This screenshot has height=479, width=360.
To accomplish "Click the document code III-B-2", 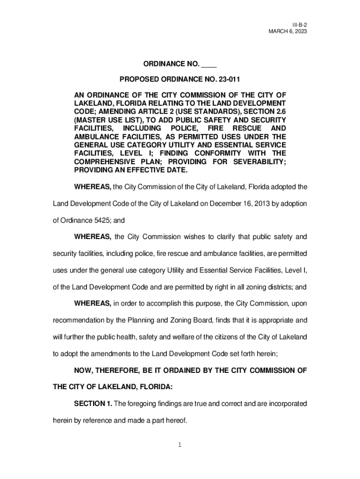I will point(300,23).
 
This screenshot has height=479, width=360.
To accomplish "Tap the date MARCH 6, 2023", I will point(288,31).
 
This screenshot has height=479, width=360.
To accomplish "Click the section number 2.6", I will point(280,111).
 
